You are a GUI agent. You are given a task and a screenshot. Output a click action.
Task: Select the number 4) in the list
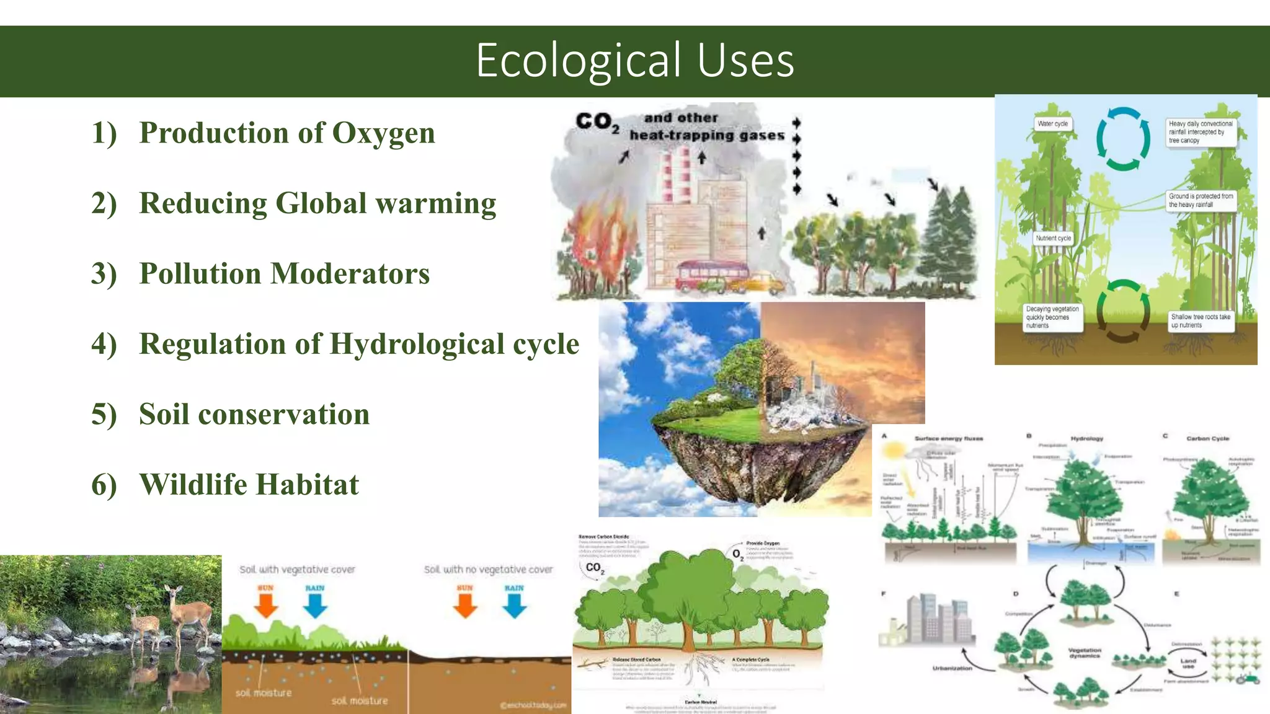point(104,345)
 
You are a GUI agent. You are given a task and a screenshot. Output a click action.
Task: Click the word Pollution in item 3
point(200,274)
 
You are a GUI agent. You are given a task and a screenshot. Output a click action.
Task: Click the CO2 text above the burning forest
point(597,122)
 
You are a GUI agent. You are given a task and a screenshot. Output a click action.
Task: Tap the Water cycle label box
point(1052,124)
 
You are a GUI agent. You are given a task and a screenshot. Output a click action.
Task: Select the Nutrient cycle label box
point(1053,238)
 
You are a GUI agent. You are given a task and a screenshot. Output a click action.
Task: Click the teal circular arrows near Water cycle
point(1122,139)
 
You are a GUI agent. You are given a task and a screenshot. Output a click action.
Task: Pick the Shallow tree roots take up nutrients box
point(1200,321)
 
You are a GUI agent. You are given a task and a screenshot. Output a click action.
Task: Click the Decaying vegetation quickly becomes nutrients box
point(1052,317)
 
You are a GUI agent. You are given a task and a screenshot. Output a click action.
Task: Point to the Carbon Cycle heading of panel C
point(1207,438)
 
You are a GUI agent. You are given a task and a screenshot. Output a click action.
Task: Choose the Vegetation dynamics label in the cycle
point(1085,653)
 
